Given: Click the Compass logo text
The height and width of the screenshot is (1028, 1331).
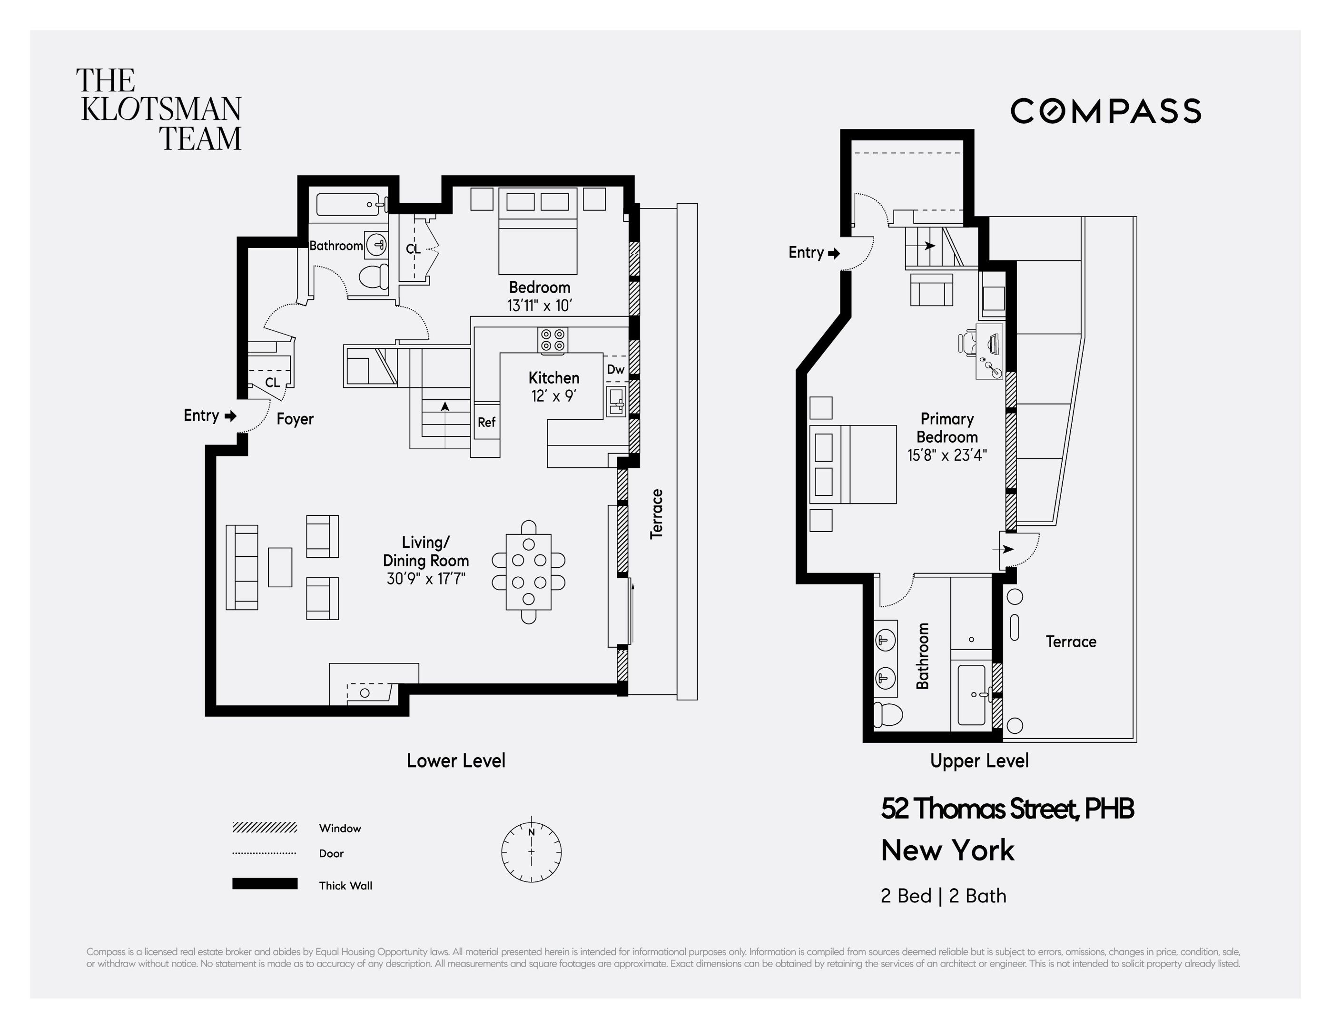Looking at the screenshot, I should point(1105,111).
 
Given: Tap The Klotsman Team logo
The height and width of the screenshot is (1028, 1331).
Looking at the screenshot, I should point(160,109).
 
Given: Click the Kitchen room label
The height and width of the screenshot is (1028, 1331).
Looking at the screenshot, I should point(553,378).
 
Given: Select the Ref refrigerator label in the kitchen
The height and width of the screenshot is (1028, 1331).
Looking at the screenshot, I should point(486,422).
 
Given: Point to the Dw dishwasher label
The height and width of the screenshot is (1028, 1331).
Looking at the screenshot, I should point(615,369).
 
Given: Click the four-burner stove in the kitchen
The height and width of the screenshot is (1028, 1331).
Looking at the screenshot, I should point(552,340).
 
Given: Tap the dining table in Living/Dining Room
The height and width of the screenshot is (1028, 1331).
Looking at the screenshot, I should point(528,572).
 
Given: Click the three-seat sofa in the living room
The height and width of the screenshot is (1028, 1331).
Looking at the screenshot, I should point(242,567).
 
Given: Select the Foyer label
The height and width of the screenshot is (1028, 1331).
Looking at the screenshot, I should point(295,419).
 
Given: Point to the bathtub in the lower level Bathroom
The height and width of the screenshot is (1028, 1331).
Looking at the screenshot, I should point(348,205).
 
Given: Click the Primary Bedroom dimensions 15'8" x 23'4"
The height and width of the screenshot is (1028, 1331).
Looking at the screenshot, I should point(947,455).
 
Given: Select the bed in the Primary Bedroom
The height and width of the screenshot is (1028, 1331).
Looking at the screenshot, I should point(853,465).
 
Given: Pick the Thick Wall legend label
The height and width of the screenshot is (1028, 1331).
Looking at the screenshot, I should point(345,885).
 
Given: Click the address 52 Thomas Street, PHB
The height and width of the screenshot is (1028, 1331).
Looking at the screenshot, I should point(1007,809).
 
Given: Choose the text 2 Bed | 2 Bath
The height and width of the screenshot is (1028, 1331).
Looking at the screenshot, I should point(943,896).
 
